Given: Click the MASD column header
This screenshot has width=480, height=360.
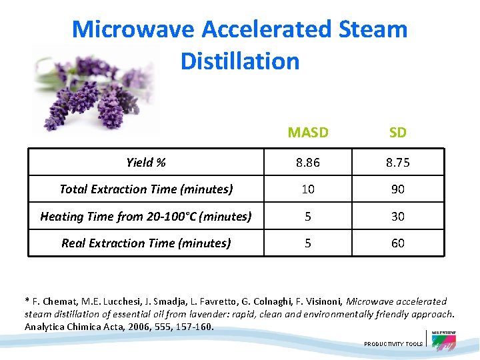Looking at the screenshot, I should click(308, 132).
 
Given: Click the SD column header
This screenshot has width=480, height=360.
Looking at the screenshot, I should click(397, 132).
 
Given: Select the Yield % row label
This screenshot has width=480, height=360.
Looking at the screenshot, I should click(146, 162).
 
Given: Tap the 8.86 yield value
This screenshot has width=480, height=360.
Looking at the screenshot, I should click(308, 162).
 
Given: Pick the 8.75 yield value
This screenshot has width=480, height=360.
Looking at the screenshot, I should click(397, 162).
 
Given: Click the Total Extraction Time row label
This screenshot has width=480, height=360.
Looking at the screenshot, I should click(146, 189).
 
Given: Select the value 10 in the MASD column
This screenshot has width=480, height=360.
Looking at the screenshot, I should click(308, 189).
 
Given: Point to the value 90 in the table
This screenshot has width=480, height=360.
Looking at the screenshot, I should click(397, 189).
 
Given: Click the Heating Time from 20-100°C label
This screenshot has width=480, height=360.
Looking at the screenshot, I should click(146, 216).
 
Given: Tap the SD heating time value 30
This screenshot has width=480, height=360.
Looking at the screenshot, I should click(397, 216).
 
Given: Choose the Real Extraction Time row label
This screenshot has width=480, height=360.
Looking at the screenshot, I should click(146, 243).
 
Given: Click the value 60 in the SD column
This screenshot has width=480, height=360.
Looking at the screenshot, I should click(397, 243).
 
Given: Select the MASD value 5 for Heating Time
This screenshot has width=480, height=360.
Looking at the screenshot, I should click(308, 216).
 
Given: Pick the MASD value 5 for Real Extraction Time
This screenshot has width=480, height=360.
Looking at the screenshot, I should click(308, 243).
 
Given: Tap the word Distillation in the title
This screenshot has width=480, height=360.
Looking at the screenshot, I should click(239, 61).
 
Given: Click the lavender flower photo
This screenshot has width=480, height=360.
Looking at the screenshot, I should click(93, 90).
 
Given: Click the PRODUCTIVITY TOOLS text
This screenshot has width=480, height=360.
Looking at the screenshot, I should click(393, 344).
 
